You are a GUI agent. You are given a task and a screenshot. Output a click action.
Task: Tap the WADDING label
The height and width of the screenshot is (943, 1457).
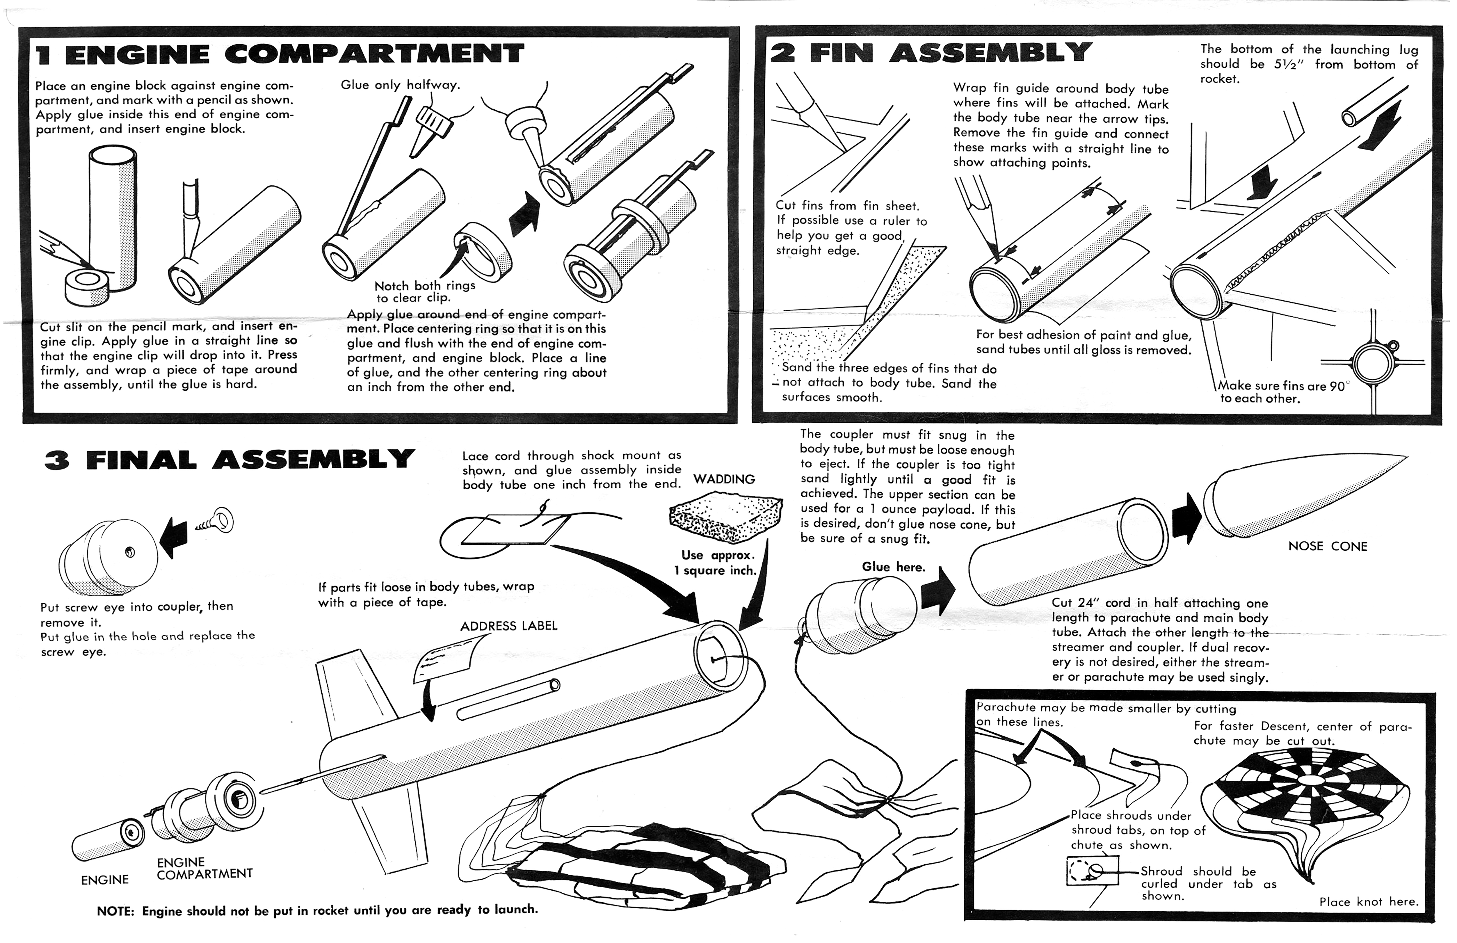click(x=724, y=480)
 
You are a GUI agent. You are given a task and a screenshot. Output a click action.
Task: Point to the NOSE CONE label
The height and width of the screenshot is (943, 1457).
click(x=1327, y=546)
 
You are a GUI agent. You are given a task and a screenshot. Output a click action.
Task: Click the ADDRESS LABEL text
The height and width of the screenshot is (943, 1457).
click(x=509, y=626)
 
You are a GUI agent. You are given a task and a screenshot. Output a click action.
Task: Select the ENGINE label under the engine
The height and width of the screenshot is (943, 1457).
click(x=105, y=880)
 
